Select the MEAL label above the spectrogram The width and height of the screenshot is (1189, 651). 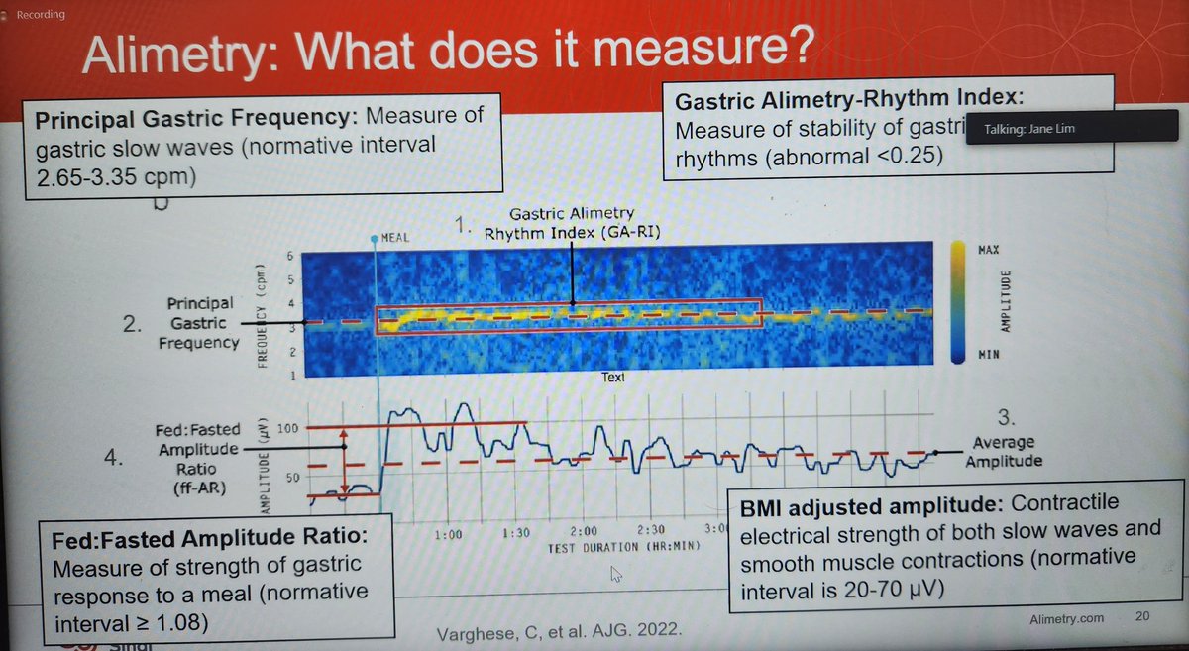point(393,238)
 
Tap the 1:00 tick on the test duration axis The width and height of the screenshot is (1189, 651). point(448,535)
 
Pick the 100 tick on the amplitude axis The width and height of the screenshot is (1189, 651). point(286,428)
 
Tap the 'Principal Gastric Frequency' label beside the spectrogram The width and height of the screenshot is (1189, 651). point(202,323)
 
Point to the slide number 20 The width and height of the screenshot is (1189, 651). point(1143,616)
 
